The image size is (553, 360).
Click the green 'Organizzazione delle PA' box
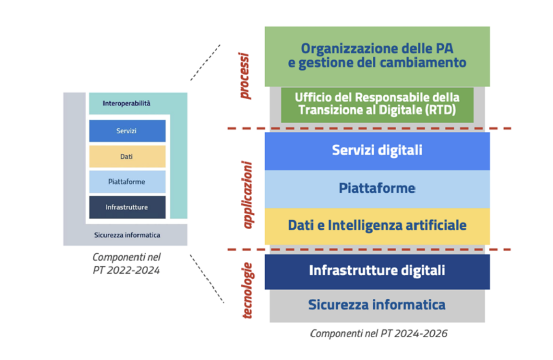(x=377, y=56)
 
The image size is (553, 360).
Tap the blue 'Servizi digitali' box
(x=377, y=150)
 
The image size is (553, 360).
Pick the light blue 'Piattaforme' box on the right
(x=377, y=189)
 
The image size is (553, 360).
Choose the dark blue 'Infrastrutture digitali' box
(x=377, y=270)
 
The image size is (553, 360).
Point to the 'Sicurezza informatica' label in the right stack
(x=377, y=305)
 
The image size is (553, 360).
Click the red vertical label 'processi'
(x=245, y=76)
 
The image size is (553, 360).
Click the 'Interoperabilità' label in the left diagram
(x=127, y=104)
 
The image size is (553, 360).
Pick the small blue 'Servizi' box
(x=127, y=131)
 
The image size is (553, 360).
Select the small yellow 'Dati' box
(x=127, y=157)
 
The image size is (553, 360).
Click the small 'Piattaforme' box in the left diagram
(x=127, y=182)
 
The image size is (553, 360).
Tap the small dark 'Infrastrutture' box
(x=127, y=207)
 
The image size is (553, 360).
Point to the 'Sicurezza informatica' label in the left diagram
(x=127, y=235)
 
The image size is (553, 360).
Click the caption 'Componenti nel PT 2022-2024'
(x=127, y=264)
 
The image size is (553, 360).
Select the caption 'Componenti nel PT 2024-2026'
(x=378, y=334)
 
